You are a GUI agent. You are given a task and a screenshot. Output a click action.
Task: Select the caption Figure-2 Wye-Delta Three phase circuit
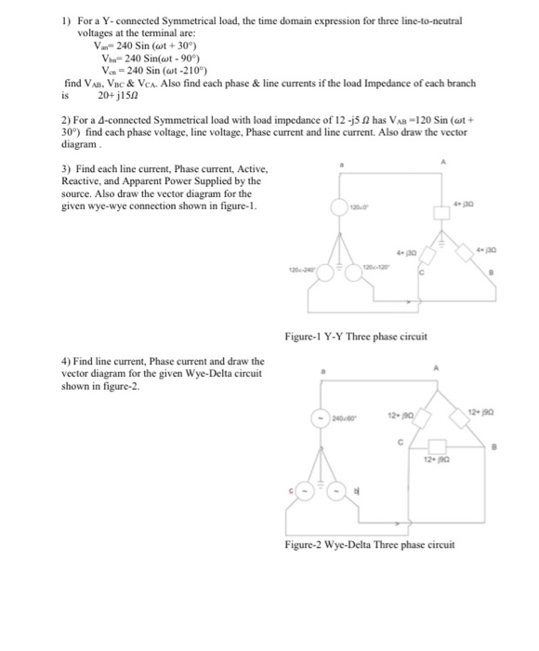click(370, 545)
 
